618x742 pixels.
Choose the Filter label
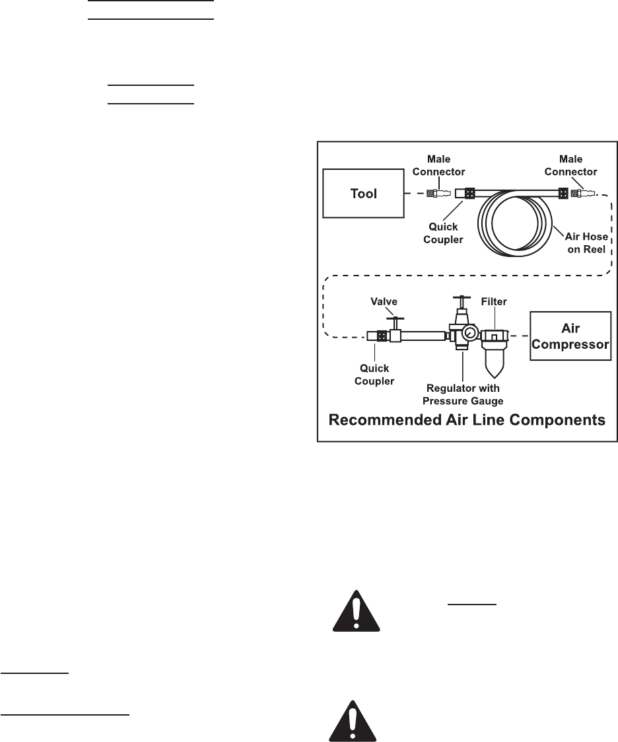tap(494, 301)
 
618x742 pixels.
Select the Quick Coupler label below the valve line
tap(374, 375)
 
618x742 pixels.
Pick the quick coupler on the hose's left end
tap(467, 194)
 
